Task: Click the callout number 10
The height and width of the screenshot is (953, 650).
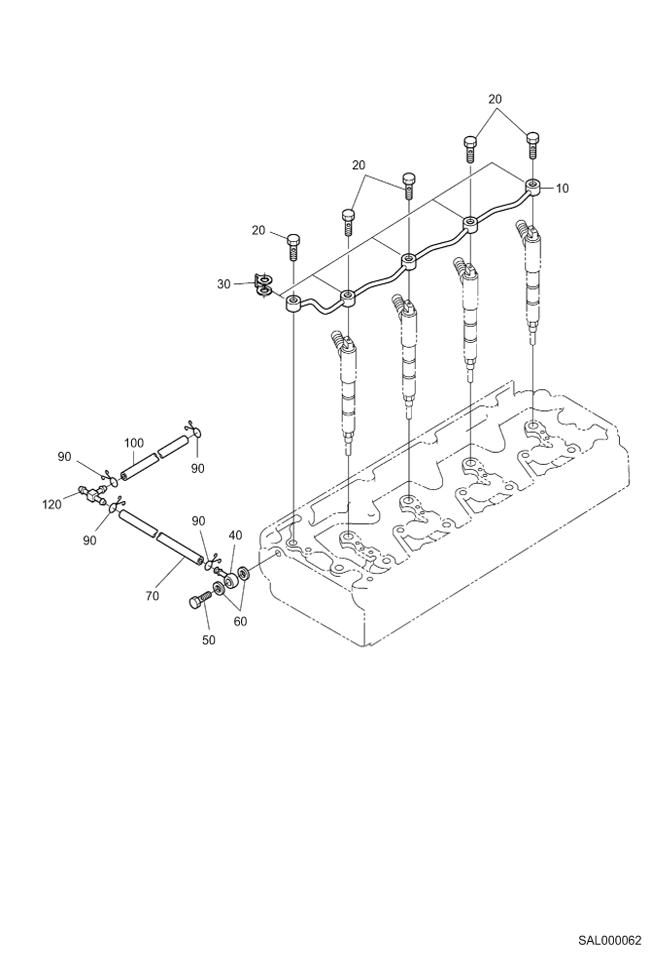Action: click(x=561, y=189)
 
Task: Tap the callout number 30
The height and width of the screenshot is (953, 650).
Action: click(x=224, y=284)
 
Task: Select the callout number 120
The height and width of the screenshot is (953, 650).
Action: click(x=52, y=505)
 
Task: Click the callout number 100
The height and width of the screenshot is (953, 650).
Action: click(x=134, y=443)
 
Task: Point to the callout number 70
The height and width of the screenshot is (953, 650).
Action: click(x=152, y=596)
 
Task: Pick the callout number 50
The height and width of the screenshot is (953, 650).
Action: click(x=209, y=640)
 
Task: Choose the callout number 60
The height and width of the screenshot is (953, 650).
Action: click(x=240, y=621)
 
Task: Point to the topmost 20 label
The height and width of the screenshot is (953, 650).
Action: click(x=495, y=99)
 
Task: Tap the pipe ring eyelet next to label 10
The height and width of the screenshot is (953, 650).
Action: click(x=533, y=186)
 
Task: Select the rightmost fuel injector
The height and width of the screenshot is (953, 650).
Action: click(x=532, y=278)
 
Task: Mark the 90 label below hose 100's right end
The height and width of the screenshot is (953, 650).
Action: click(x=197, y=468)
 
